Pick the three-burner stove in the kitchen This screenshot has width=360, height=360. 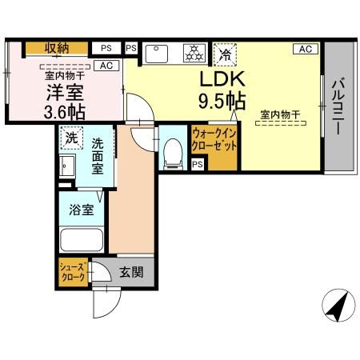(193, 54)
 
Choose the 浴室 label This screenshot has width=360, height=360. (82, 210)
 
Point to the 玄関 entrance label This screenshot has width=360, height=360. (132, 272)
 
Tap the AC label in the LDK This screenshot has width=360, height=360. (305, 50)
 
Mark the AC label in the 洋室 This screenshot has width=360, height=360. (105, 66)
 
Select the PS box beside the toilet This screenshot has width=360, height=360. (197, 165)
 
